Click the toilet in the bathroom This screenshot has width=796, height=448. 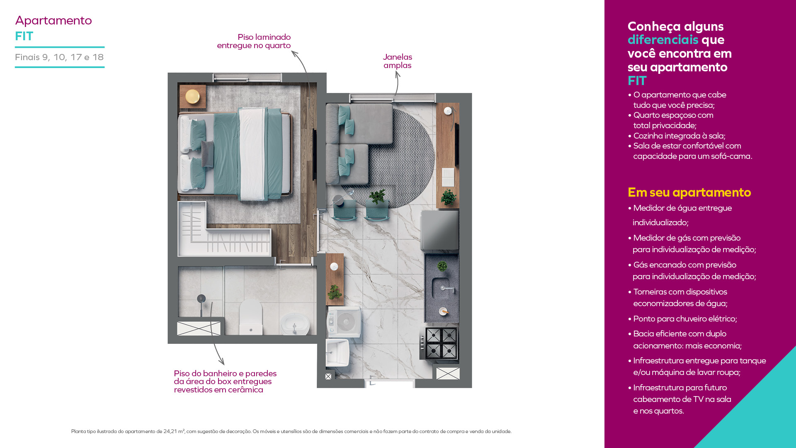point(251,317)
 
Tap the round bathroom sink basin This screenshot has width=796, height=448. point(294,324)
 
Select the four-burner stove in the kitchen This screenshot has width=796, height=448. point(441,343)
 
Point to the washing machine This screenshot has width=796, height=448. point(344,321)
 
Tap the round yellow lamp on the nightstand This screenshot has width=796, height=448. point(192,97)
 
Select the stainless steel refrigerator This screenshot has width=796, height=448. point(440,230)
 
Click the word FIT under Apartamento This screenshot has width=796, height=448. point(24,37)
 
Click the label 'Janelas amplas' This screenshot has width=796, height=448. point(397,61)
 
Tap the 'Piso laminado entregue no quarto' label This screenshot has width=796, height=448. point(254,41)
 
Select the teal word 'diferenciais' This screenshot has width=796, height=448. point(663,40)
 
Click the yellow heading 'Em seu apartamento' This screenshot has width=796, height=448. point(689,192)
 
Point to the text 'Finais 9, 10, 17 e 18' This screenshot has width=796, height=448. point(59,57)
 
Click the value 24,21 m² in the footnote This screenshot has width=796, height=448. point(174,431)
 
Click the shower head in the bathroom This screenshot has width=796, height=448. point(201,298)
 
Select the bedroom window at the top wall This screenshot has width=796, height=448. point(247,78)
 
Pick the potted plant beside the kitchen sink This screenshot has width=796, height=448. point(442,266)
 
